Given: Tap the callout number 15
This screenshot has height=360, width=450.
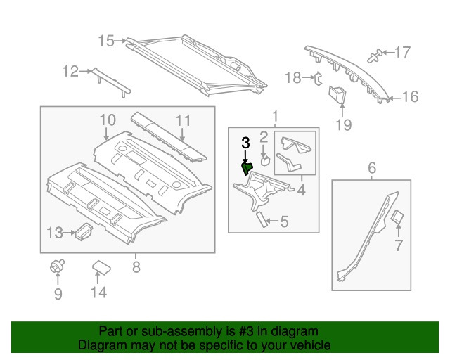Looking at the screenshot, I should pyautogui.click(x=105, y=41).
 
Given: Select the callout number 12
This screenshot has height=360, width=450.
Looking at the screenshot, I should pyautogui.click(x=70, y=70).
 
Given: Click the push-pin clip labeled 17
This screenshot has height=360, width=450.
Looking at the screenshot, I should pyautogui.click(x=375, y=53).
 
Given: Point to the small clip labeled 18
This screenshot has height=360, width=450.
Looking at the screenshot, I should pyautogui.click(x=316, y=78).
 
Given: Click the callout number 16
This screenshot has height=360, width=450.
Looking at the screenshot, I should pyautogui.click(x=410, y=96).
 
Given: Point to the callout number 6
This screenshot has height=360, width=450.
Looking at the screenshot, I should pyautogui.click(x=372, y=167).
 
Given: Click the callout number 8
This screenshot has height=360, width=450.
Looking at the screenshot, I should pyautogui.click(x=136, y=267).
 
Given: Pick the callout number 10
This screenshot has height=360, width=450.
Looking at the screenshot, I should pyautogui.click(x=106, y=120).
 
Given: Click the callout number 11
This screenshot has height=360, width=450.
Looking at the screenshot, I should pyautogui.click(x=183, y=120).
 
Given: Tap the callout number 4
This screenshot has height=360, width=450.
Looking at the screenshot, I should pyautogui.click(x=301, y=190).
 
